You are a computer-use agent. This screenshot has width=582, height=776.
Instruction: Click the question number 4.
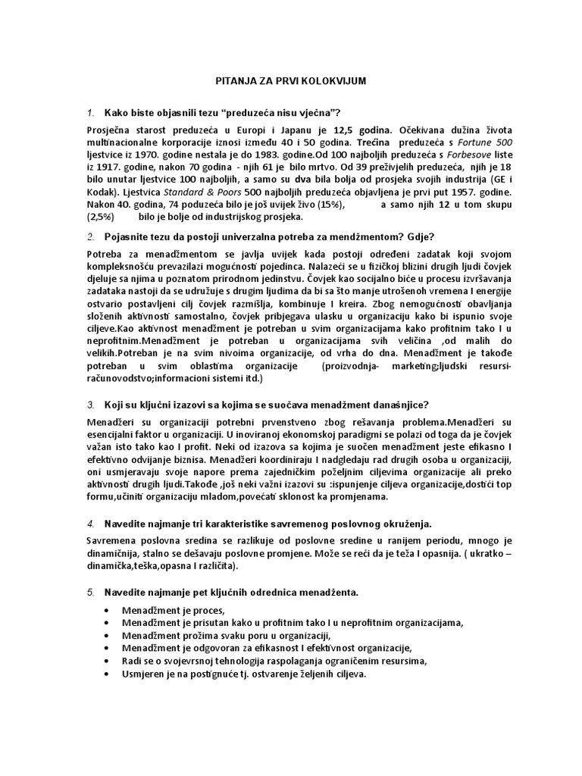click(90, 523)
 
